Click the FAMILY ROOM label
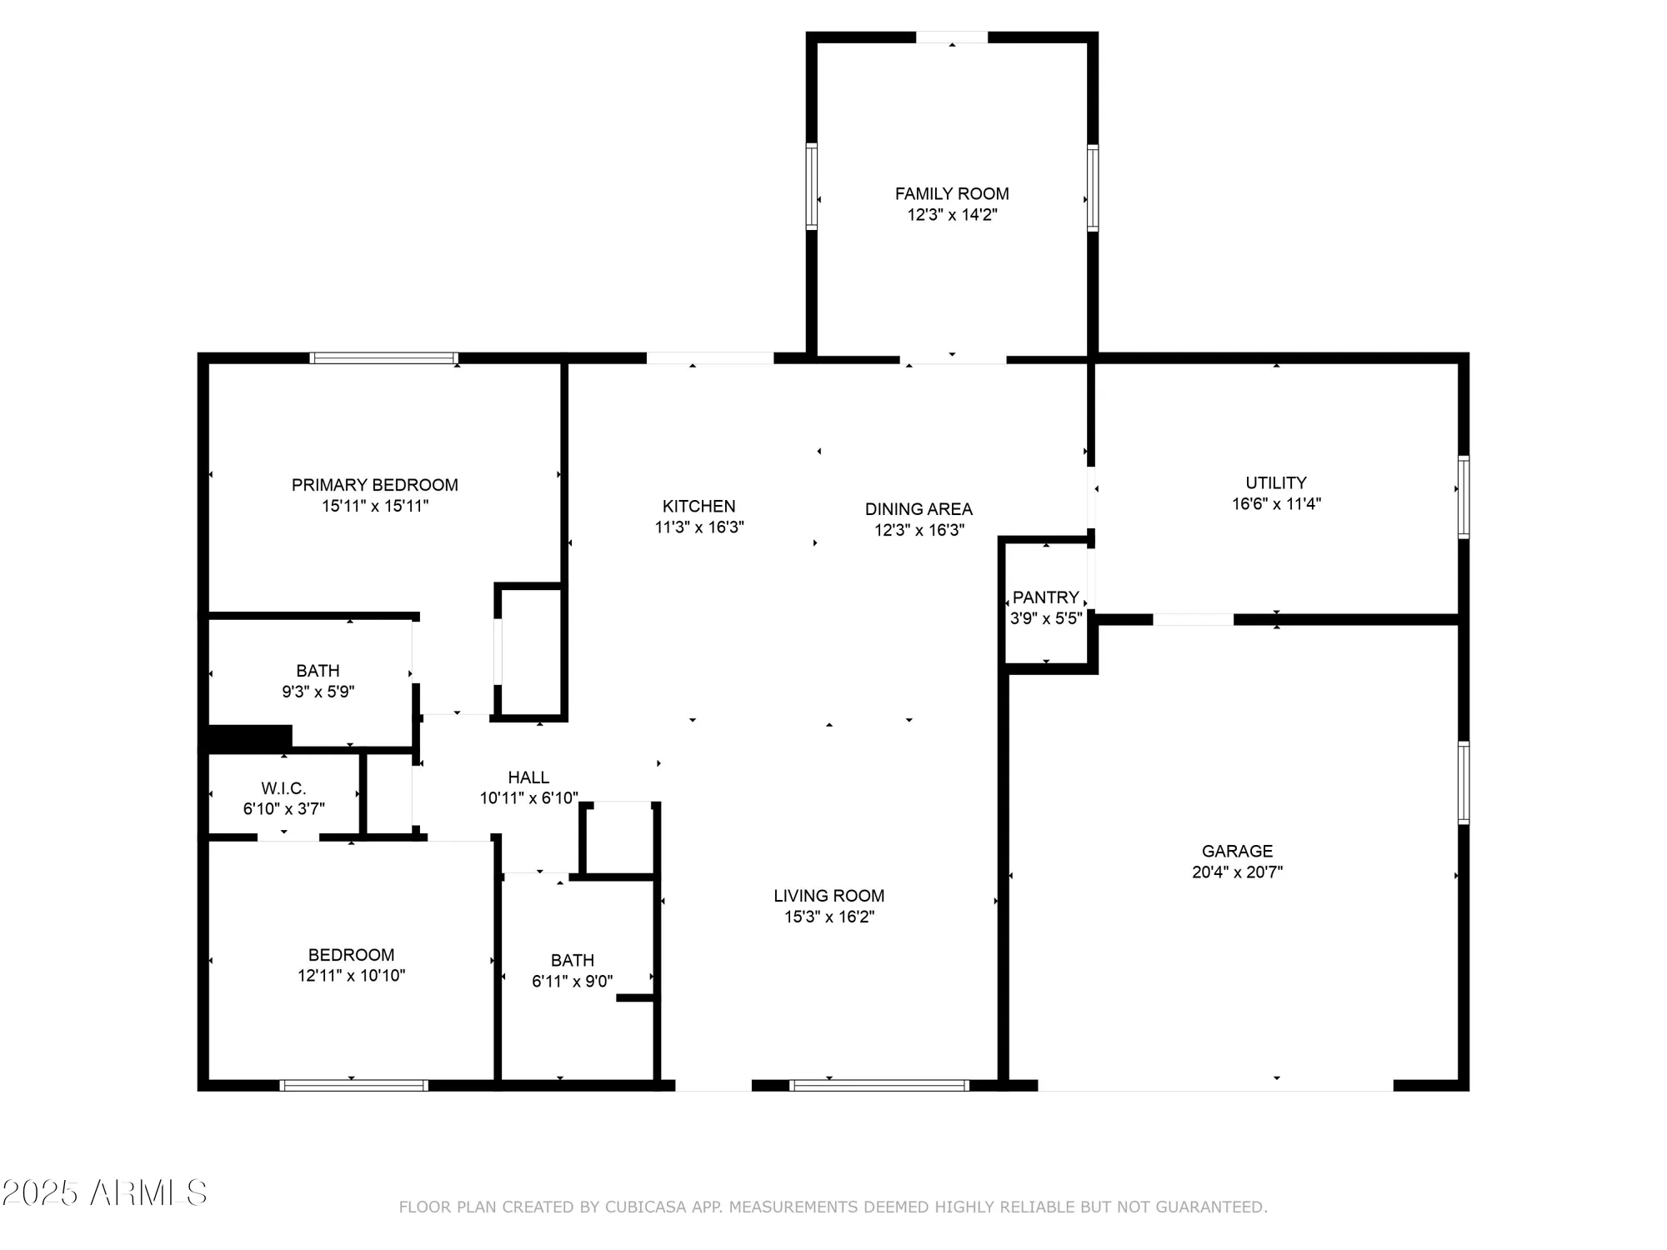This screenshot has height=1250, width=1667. [x=952, y=193]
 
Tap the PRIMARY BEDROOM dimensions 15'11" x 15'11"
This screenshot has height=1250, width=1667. [x=375, y=506]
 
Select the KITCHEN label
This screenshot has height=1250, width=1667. [x=698, y=506]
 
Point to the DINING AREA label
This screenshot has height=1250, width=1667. [x=919, y=508]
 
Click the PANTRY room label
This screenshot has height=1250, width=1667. [x=1045, y=597]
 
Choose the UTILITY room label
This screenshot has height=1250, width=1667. [x=1275, y=482]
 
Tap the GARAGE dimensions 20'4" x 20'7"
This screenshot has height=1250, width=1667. [x=1237, y=872]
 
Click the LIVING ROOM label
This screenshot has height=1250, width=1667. [x=828, y=896]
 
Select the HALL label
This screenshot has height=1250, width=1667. [x=528, y=777]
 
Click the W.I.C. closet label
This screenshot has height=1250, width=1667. [x=283, y=788]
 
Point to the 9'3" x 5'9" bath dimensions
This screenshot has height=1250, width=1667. [x=318, y=692]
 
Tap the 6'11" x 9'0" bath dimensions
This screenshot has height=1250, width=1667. [x=572, y=982]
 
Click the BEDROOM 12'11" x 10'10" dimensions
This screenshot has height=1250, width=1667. [x=351, y=976]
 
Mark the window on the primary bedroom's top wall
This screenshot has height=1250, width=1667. [x=383, y=358]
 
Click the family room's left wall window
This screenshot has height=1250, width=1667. [x=811, y=186]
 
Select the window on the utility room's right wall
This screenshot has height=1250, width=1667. [x=1463, y=497]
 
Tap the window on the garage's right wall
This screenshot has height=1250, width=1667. [x=1463, y=782]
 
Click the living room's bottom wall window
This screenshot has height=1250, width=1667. [x=879, y=1085]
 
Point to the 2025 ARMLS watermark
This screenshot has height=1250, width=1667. [x=104, y=1193]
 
